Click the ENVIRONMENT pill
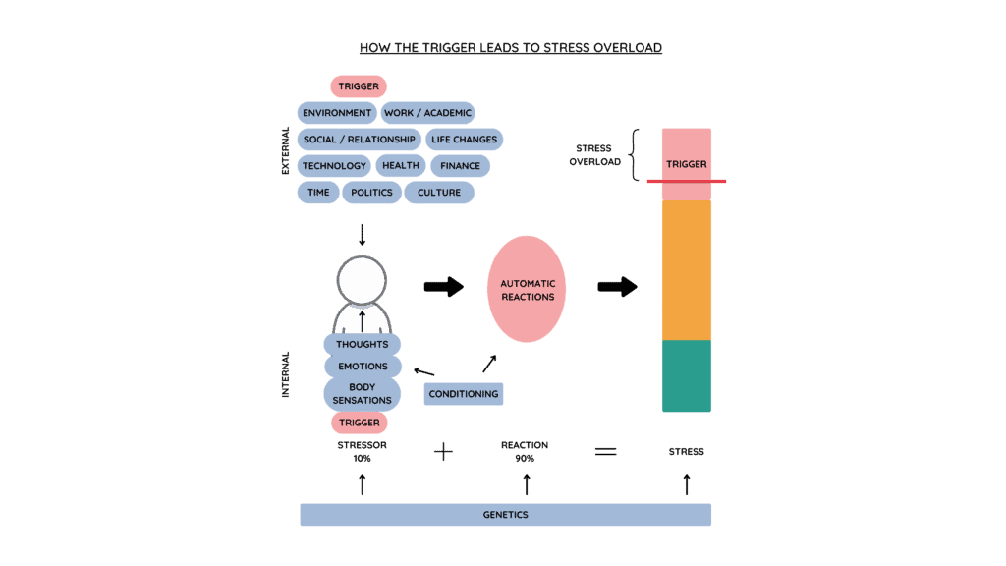[x=337, y=113]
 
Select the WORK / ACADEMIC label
[x=427, y=113]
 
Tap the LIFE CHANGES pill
[x=464, y=140]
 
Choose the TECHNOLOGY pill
[x=334, y=166]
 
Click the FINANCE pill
[x=460, y=166]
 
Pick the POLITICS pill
[x=371, y=193]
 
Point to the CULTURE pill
[x=438, y=193]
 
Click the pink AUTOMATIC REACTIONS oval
[x=528, y=290]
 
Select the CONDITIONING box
[x=464, y=394]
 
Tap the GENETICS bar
[x=505, y=515]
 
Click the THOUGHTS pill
[x=362, y=345]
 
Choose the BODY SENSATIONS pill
[x=362, y=394]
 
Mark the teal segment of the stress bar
[x=686, y=375]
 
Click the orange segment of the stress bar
[x=686, y=270]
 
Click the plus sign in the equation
[x=443, y=452]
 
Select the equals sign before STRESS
[x=606, y=452]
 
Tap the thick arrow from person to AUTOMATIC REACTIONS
[x=443, y=287]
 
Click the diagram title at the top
[x=510, y=47]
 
